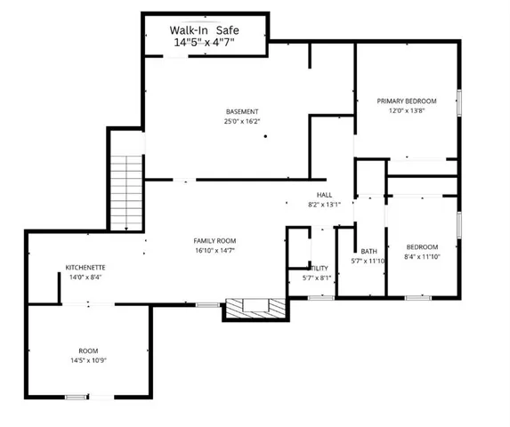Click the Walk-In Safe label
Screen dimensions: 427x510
click(x=204, y=28)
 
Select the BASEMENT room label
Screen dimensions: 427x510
click(x=242, y=111)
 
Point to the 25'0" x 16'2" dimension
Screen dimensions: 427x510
click(x=242, y=121)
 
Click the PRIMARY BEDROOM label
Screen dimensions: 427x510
click(x=407, y=101)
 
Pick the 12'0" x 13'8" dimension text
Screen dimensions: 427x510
click(x=407, y=111)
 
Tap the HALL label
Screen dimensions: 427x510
click(x=324, y=194)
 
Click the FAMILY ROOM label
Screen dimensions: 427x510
click(x=215, y=241)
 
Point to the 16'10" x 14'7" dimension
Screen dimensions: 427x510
click(x=215, y=252)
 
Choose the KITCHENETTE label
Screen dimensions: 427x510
click(x=86, y=267)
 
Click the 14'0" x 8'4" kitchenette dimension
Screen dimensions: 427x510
click(x=86, y=277)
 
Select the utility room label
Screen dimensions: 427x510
click(x=319, y=267)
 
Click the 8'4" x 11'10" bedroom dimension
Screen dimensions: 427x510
click(x=422, y=256)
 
